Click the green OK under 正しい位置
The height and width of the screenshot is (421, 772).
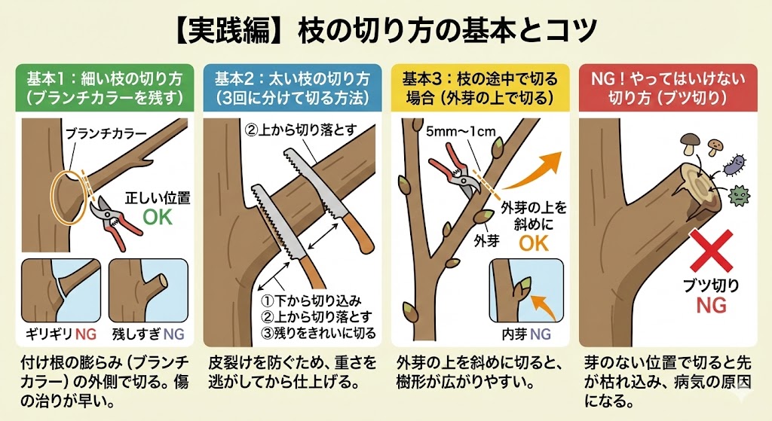coord(158,217)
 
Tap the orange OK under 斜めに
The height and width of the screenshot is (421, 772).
coord(534,243)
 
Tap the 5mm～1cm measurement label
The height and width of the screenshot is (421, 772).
coord(461,131)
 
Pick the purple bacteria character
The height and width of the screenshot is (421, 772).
coord(734,164)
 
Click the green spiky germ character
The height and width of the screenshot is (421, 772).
coord(738,196)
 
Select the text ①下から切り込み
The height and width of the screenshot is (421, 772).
coord(311,300)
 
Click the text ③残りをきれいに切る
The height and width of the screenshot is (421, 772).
coord(319,333)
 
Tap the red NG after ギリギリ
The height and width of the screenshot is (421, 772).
coord(86,334)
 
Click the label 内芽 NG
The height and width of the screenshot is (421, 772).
coord(526,334)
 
